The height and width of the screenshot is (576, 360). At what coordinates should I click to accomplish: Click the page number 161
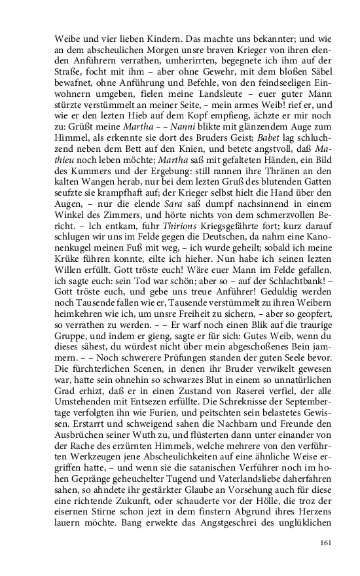click(327, 542)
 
